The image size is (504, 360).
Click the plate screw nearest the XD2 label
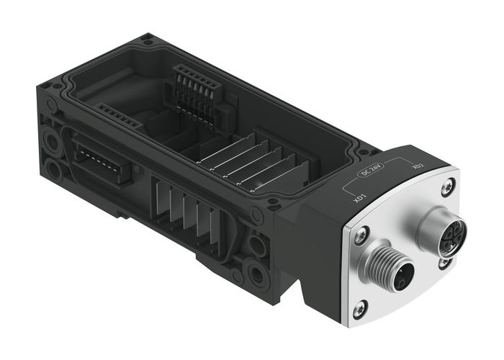tap(448, 186)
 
